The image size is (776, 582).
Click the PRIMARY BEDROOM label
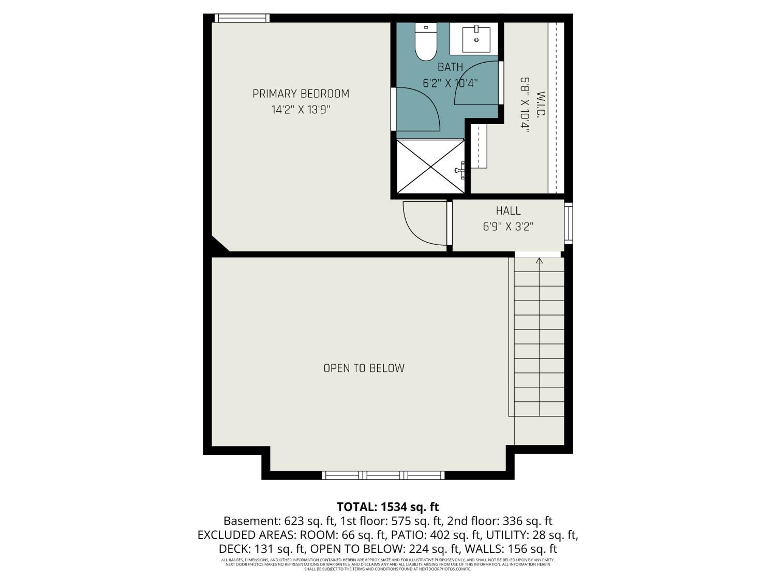[x=301, y=94]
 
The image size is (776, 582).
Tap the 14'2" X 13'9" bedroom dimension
[x=301, y=110]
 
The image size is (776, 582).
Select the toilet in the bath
[x=426, y=43]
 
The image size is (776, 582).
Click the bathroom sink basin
[x=476, y=38]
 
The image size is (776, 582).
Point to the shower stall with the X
[x=430, y=166]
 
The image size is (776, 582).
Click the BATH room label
[x=450, y=67]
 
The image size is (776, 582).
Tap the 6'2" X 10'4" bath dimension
[x=450, y=83]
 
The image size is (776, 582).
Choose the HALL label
[x=508, y=211]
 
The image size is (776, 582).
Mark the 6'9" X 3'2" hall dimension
[x=508, y=227]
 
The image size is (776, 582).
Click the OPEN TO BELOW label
[x=364, y=368]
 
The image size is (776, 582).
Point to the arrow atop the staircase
[x=539, y=261]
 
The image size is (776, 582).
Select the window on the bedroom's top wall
[x=242, y=18]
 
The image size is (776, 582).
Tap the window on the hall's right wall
[x=569, y=223]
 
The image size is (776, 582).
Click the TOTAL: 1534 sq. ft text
[x=387, y=506]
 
